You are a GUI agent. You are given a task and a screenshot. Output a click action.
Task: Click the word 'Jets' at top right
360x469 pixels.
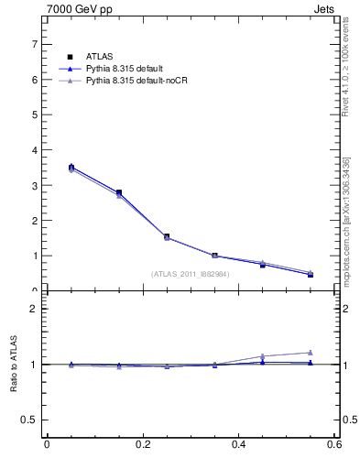326,9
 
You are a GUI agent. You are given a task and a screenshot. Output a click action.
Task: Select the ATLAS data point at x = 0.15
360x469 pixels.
118,192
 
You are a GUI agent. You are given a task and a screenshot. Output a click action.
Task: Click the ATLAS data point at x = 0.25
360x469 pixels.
167,236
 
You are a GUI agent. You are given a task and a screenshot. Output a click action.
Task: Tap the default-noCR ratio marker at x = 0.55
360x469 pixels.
311,353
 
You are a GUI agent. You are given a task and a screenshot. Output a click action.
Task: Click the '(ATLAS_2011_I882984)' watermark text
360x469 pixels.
191,274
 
